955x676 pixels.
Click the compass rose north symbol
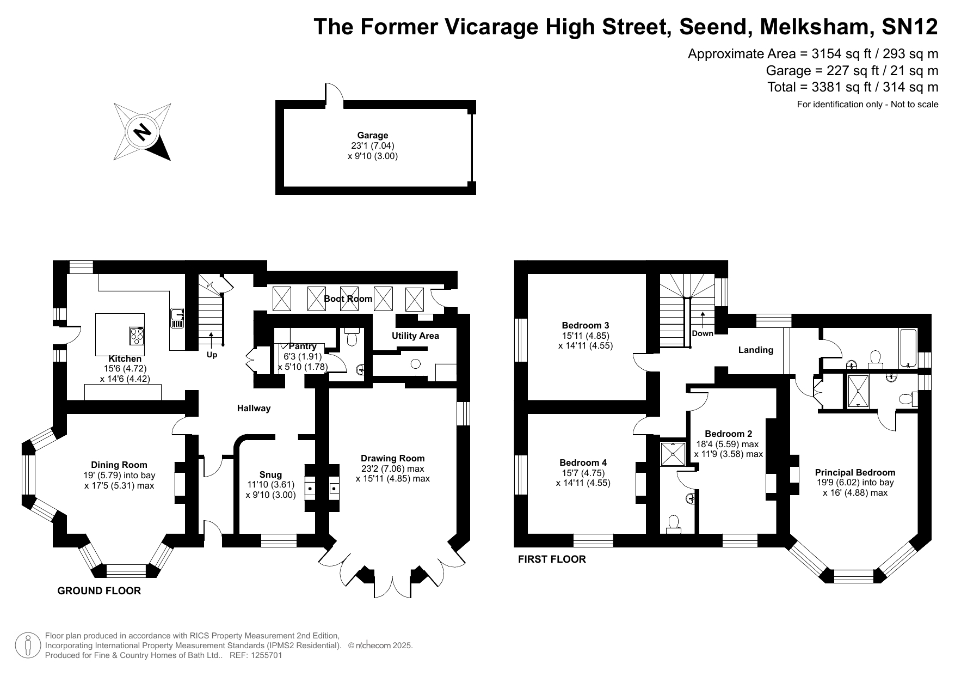click(x=142, y=132)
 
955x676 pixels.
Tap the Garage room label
click(x=373, y=136)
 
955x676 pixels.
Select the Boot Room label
click(x=348, y=299)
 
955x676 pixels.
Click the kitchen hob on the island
click(x=137, y=336)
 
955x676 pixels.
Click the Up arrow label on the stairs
click(x=212, y=355)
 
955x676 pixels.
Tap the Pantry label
click(x=303, y=346)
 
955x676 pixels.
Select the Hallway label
click(x=254, y=409)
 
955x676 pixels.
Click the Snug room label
click(x=270, y=475)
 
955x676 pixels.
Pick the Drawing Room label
click(x=393, y=459)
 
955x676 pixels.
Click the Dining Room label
click(x=119, y=465)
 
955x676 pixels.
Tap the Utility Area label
click(x=415, y=336)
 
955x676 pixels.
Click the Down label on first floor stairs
click(x=703, y=333)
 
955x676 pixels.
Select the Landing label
click(x=756, y=350)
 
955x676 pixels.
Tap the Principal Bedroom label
click(x=855, y=473)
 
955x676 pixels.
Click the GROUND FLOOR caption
click(x=99, y=591)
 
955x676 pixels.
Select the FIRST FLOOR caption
click(x=552, y=559)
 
